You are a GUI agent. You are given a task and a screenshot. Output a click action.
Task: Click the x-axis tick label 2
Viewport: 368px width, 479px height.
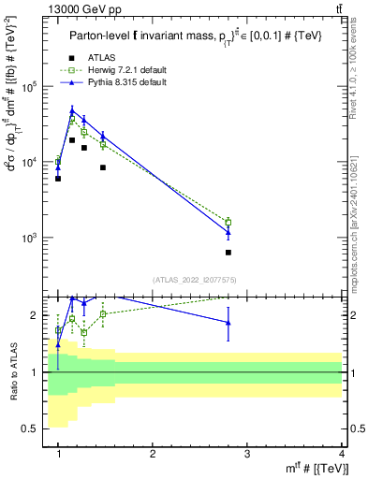coord(153,453)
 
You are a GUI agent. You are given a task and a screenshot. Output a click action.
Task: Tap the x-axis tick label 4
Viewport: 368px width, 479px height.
coord(342,453)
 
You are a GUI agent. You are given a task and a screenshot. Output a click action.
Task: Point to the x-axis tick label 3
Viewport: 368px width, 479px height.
coord(247,453)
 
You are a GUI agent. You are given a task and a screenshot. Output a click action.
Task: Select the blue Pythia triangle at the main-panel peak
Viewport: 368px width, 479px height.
coord(72,110)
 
